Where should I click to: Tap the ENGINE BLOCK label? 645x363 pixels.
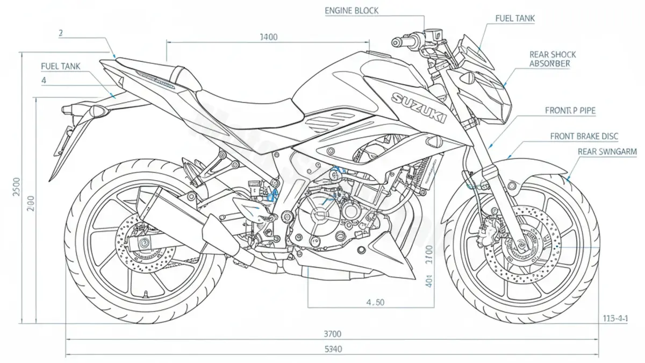point(352,11)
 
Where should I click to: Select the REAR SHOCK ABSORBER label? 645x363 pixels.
point(553,59)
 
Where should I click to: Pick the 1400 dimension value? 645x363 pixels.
point(268,37)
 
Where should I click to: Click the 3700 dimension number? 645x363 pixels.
point(333,334)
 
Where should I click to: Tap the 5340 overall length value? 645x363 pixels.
point(333,350)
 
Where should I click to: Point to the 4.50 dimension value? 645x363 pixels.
point(375,302)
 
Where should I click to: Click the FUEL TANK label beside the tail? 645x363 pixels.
point(60,66)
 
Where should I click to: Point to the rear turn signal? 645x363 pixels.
point(98,111)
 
